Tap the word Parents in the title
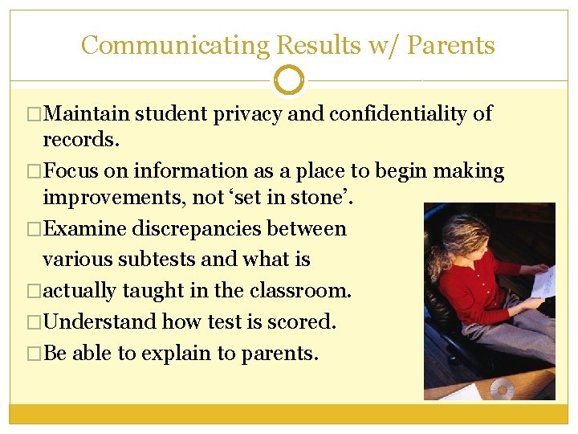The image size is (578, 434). tap(450, 45)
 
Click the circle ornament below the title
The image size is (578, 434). tap(289, 80)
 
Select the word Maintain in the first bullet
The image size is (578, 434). tap(88, 113)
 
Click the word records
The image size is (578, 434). tap(80, 139)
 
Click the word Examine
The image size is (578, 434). tap(84, 228)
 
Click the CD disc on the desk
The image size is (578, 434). tap(502, 389)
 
